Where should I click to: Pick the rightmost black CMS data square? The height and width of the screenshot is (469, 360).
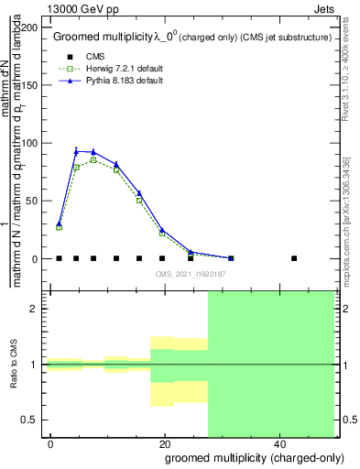tap(294, 258)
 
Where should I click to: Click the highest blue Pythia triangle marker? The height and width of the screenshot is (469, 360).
tap(77, 151)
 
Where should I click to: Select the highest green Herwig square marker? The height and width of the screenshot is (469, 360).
tap(93, 160)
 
